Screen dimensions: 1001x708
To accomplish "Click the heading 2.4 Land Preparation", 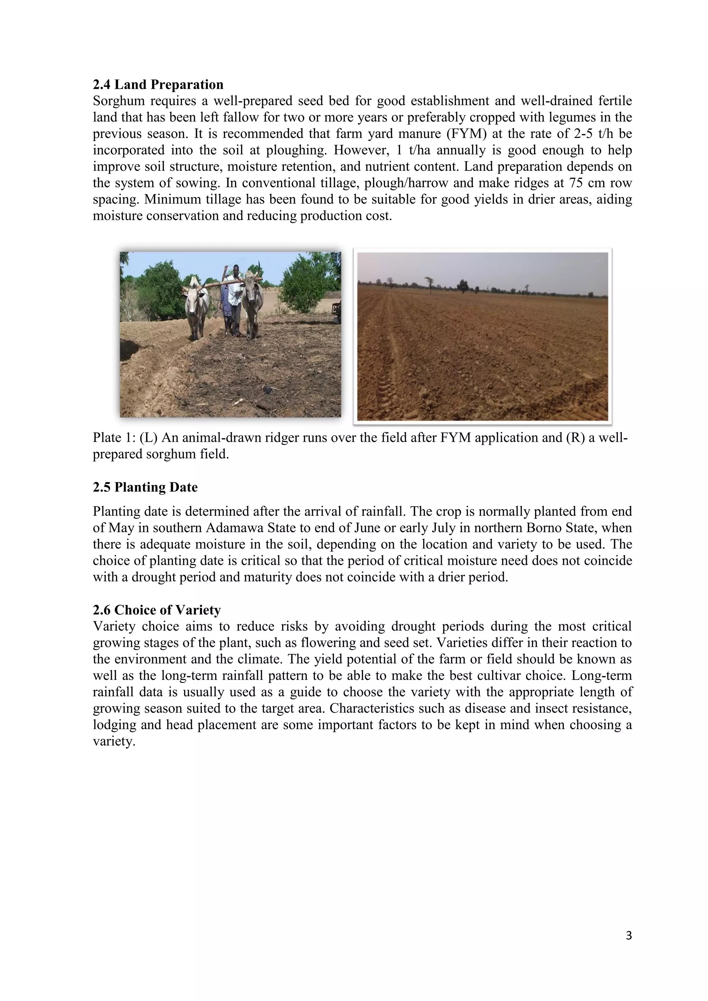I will pos(158,85).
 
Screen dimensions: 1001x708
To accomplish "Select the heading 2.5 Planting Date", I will pos(145,487).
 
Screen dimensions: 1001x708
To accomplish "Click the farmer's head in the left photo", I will pos(235,269).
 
